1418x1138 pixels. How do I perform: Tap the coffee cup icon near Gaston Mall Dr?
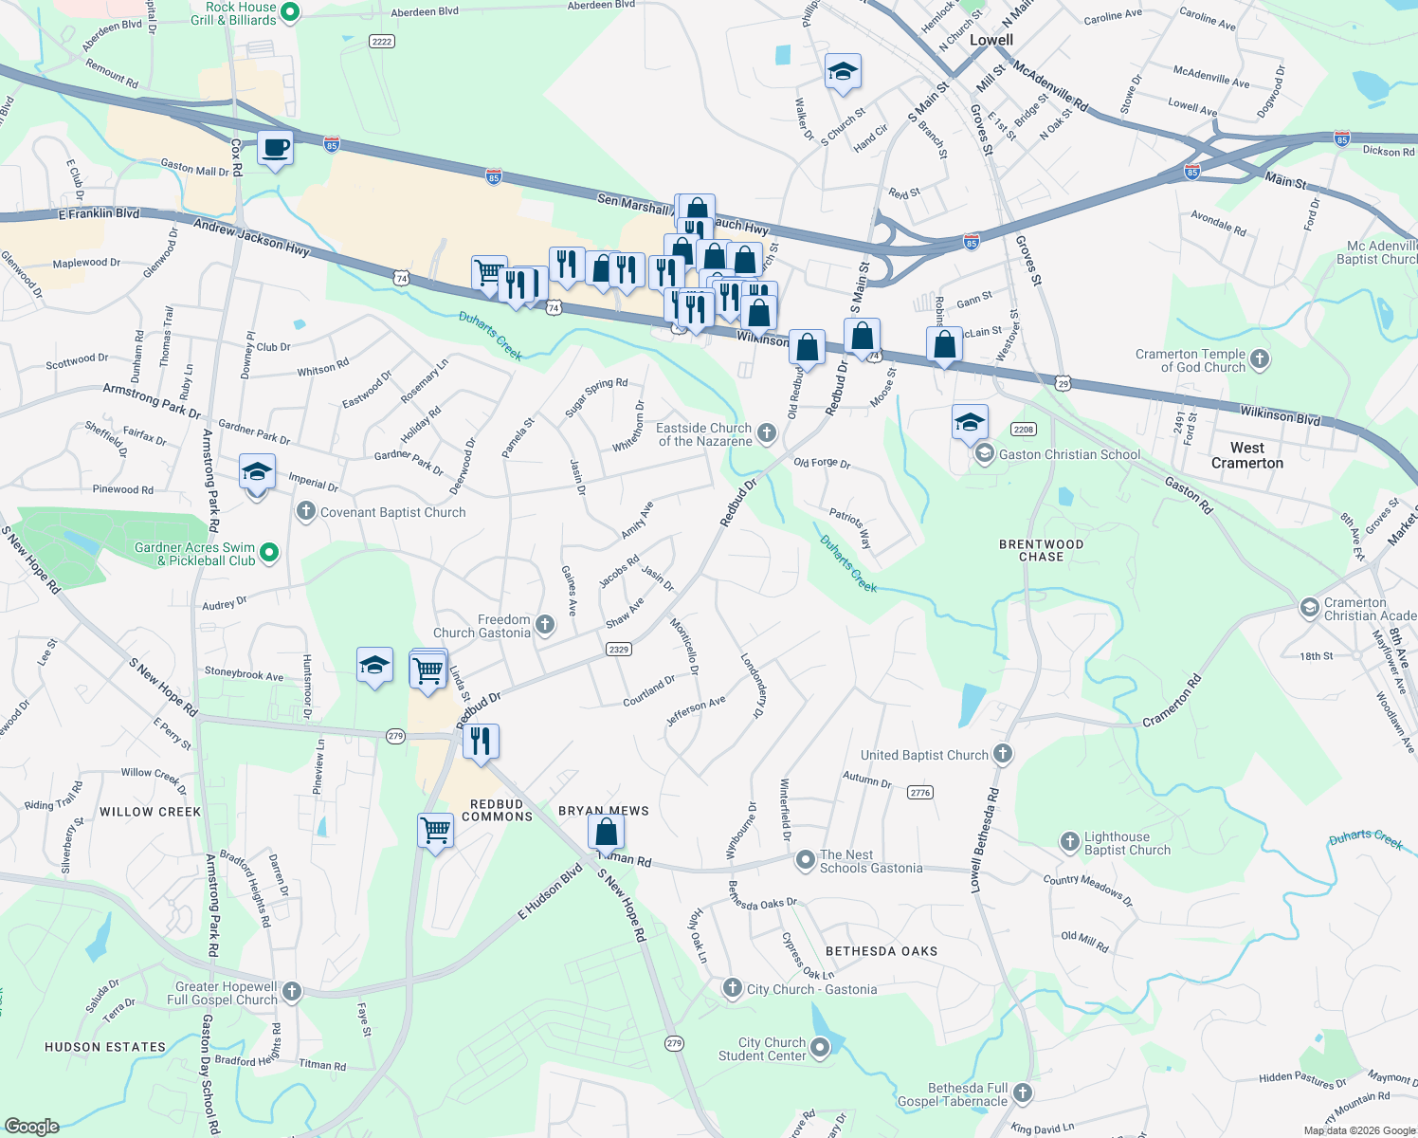(275, 149)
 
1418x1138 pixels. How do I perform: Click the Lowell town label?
(991, 40)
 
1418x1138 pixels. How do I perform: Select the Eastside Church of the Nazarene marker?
(767, 433)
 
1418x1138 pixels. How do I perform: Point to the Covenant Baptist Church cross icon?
(305, 512)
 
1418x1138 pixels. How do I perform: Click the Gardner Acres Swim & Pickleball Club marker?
(269, 552)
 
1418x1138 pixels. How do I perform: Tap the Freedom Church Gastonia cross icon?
(545, 624)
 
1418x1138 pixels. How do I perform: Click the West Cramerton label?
(1246, 455)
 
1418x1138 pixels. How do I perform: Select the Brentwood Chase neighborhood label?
(1041, 550)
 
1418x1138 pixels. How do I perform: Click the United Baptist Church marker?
(1003, 754)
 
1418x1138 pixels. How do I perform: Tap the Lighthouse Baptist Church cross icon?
(1069, 841)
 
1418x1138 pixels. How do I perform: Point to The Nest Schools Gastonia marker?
(805, 860)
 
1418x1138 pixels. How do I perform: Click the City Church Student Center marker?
(820, 1048)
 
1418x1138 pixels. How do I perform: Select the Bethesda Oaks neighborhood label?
(882, 951)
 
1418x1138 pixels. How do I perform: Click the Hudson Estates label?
(105, 1047)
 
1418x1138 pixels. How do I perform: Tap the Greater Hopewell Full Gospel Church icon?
(292, 992)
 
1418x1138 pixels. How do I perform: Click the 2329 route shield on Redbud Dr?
(618, 650)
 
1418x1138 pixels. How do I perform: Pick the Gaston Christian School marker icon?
(985, 454)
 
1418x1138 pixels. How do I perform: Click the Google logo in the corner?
(32, 1126)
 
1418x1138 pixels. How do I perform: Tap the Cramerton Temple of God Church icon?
(1260, 359)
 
